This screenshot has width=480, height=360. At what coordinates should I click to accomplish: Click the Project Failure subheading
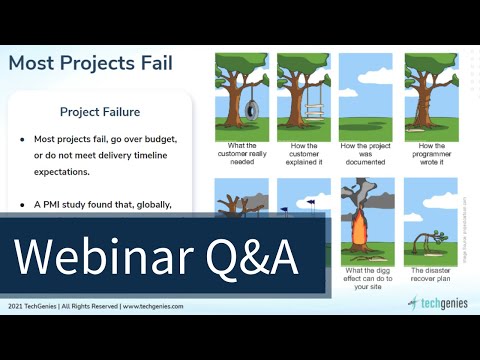pos(100,112)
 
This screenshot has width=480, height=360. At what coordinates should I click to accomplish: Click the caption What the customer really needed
pos(244,155)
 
